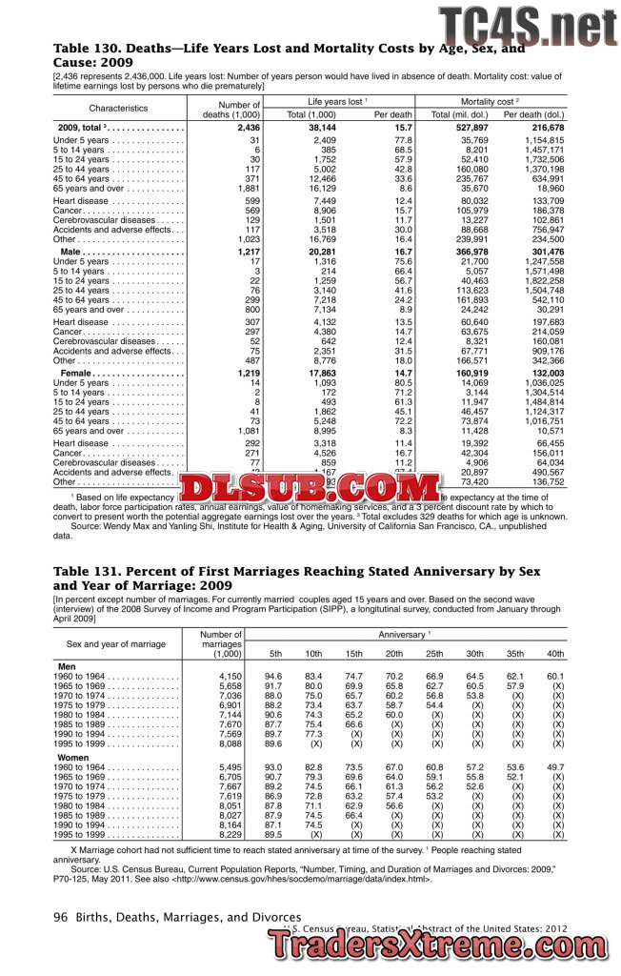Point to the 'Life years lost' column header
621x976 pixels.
[335, 100]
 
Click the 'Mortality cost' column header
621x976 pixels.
[489, 100]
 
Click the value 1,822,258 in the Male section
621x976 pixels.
[542, 281]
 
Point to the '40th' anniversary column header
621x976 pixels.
[554, 654]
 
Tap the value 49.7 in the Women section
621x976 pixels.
[555, 767]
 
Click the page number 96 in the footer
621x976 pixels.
[60, 917]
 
